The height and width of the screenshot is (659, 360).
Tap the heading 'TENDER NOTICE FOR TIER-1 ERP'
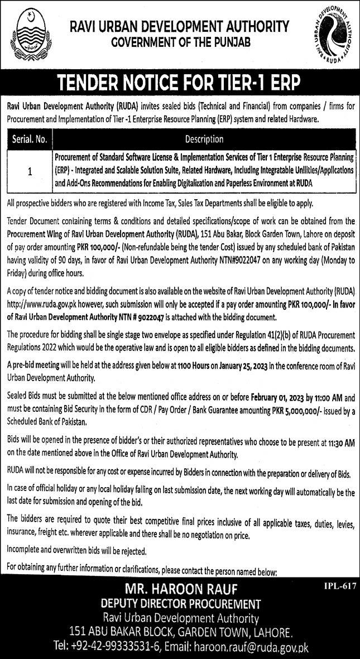pyautogui.click(x=180, y=83)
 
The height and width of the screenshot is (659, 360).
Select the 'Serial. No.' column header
pyautogui.click(x=30, y=138)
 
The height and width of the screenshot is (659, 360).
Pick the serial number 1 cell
pyautogui.click(x=30, y=172)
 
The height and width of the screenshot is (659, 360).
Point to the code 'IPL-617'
pyautogui.click(x=339, y=587)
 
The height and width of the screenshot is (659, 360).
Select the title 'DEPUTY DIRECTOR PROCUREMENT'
pyautogui.click(x=181, y=604)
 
